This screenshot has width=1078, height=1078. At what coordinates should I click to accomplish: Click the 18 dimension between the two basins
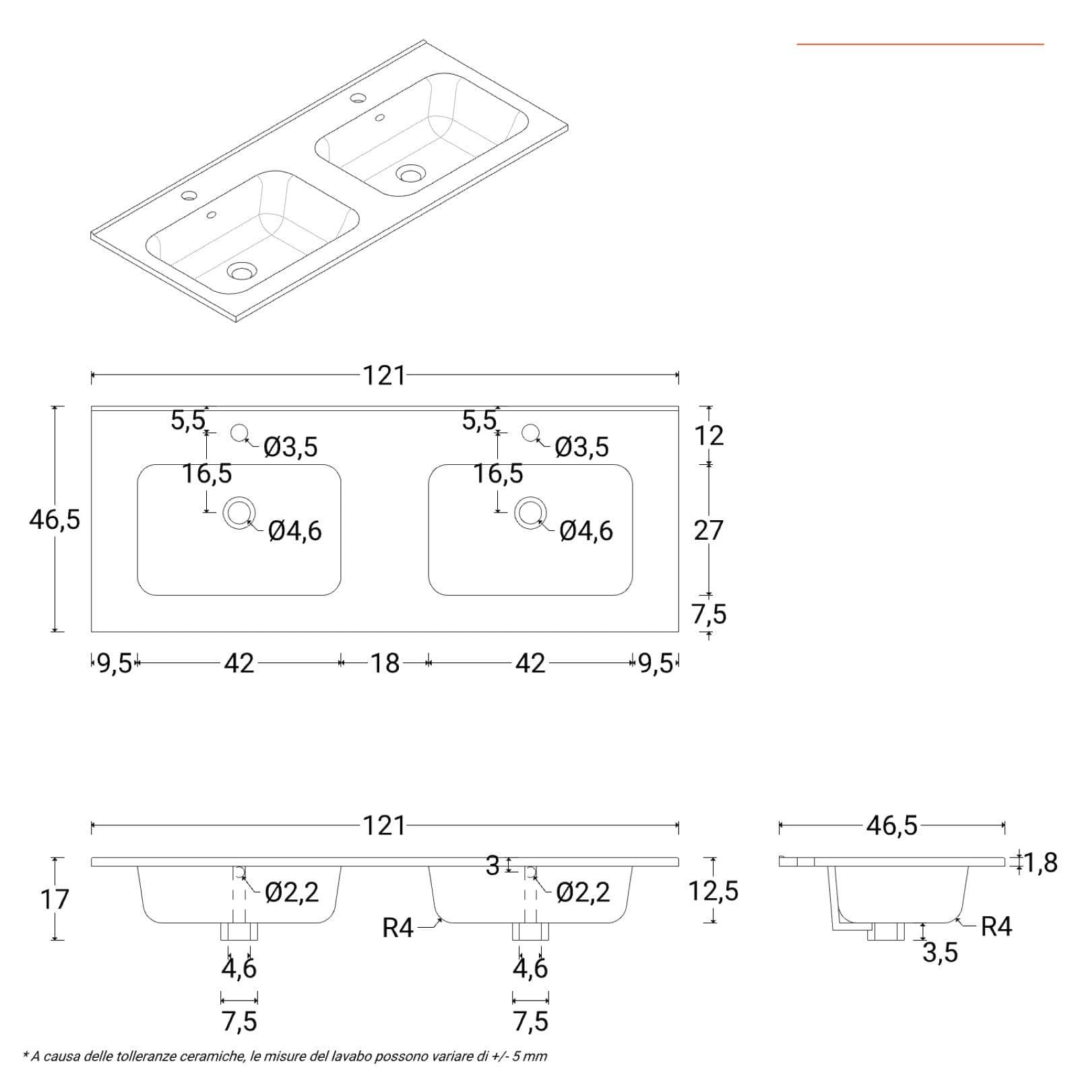[385, 664]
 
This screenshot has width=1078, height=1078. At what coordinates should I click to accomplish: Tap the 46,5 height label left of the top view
[55, 519]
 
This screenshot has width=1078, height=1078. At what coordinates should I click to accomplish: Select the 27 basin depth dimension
[708, 531]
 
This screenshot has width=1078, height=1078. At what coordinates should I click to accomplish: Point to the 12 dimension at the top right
[709, 436]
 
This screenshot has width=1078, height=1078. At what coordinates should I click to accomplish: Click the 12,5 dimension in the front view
[714, 891]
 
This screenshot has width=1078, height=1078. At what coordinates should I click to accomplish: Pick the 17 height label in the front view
[55, 899]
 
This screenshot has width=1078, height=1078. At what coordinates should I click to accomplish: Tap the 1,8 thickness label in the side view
[1041, 862]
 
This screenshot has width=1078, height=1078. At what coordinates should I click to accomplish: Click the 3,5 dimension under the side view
[940, 953]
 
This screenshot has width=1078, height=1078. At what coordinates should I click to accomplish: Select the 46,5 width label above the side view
[892, 825]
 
